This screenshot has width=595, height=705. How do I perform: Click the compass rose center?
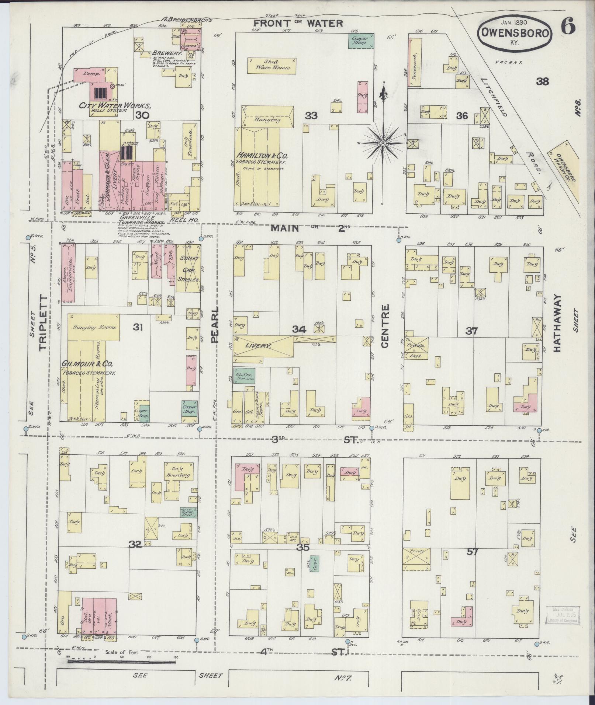[x=383, y=143]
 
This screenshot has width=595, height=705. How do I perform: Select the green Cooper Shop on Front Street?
[x=360, y=40]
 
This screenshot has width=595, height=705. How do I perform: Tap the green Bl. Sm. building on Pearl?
[x=243, y=376]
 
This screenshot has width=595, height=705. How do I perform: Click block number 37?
[x=471, y=331]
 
